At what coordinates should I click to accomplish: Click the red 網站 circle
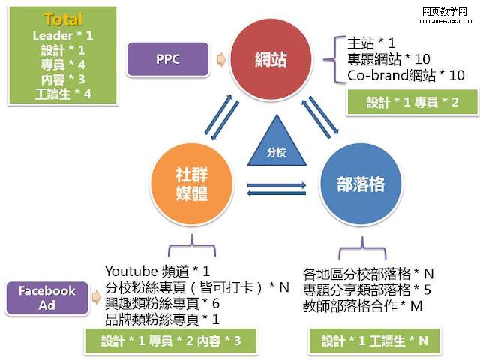click(x=271, y=58)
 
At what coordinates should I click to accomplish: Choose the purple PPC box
click(x=168, y=59)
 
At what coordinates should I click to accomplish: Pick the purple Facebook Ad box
click(x=46, y=298)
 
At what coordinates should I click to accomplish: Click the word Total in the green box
click(x=63, y=19)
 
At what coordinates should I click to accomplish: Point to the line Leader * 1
click(x=63, y=35)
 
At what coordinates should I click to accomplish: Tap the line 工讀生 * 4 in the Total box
click(x=63, y=94)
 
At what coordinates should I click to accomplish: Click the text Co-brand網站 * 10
click(x=406, y=75)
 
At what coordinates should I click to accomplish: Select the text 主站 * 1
click(x=371, y=43)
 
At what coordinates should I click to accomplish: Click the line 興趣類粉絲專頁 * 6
click(x=163, y=303)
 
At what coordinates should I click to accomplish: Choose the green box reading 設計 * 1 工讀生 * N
click(x=376, y=341)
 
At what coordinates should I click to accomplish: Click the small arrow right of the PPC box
click(x=220, y=59)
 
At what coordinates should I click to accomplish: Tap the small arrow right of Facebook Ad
click(x=95, y=298)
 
